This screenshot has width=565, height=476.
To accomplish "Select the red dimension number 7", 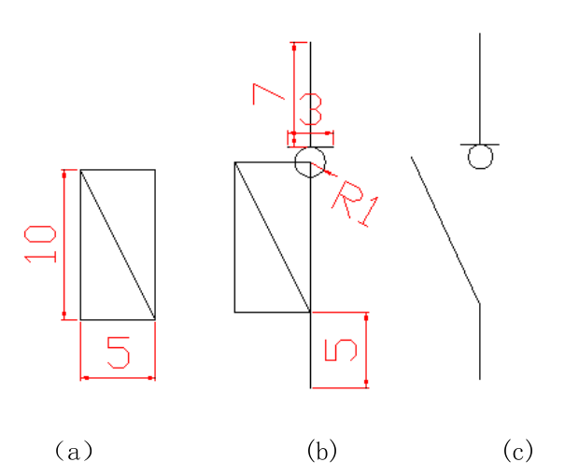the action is [x=267, y=95].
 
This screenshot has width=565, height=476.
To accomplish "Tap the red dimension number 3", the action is [x=311, y=115].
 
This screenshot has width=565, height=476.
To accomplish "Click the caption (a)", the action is [x=73, y=452].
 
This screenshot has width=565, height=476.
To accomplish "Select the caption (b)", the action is [x=320, y=452].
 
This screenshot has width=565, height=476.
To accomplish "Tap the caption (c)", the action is [x=517, y=452].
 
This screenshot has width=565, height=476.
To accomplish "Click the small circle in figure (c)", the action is [x=480, y=157].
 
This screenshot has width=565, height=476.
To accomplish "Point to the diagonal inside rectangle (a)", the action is [x=118, y=245].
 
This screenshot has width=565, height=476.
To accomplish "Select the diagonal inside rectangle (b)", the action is [x=272, y=237].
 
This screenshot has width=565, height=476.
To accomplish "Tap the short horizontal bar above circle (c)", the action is [x=480, y=144].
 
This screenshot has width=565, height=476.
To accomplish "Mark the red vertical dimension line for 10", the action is [x=64, y=245].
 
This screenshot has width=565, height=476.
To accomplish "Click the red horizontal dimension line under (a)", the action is [x=118, y=378].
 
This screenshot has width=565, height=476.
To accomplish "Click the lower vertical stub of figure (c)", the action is [x=480, y=342].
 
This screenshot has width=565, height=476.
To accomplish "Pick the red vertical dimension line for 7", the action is [x=294, y=89].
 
